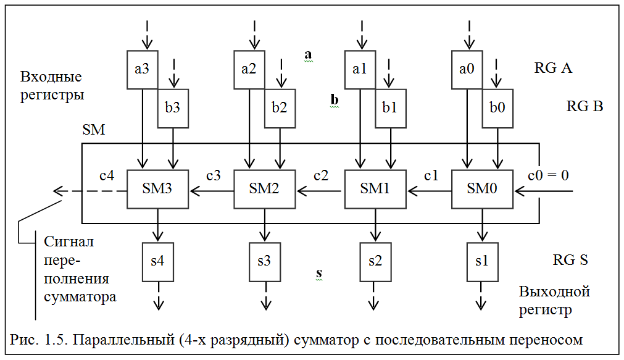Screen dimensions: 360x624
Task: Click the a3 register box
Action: click(142, 69)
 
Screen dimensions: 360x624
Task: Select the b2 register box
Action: click(280, 107)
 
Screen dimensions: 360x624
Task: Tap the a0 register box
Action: click(467, 69)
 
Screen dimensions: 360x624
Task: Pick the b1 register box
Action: click(389, 107)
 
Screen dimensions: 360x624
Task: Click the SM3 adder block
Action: click(158, 188)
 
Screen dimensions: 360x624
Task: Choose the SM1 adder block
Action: click(375, 188)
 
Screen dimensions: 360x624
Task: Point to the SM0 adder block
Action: click(483, 188)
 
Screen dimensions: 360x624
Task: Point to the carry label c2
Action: click(321, 175)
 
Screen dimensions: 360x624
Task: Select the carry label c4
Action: click(107, 175)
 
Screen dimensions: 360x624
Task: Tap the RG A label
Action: click(553, 68)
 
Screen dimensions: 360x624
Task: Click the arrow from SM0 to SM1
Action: click(428, 190)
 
